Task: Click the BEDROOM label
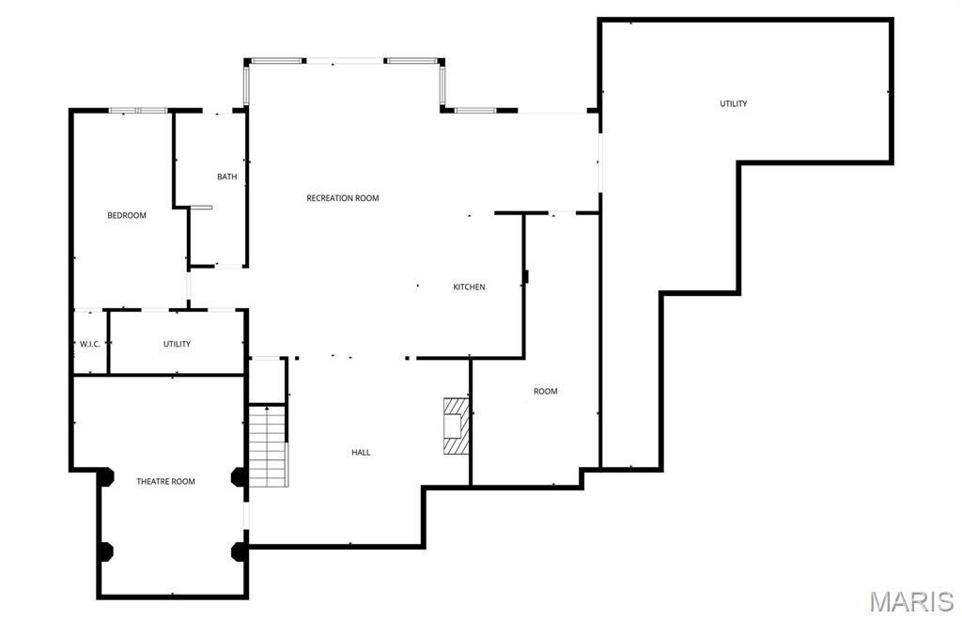127,215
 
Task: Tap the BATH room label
226,177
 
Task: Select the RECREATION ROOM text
343,198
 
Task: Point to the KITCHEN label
469,287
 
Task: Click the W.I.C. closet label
90,344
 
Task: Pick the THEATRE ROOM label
166,481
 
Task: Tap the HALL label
361,452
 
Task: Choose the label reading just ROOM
546,391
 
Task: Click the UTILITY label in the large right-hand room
734,103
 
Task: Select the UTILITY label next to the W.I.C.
177,344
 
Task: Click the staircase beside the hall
268,445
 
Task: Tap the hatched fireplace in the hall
457,426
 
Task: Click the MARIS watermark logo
910,601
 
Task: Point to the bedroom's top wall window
137,111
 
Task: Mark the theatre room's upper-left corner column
105,478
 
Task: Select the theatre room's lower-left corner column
105,550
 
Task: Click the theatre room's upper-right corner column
239,478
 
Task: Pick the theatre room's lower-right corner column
239,550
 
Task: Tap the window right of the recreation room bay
475,111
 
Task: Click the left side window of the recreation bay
248,85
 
